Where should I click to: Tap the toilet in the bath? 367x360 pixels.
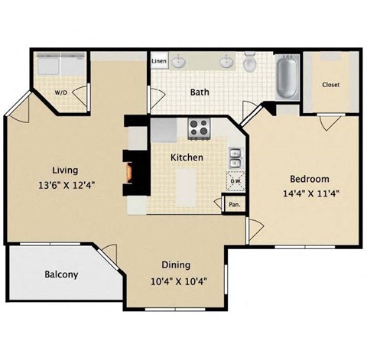[250, 63]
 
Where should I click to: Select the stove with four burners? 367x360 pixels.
[199, 128]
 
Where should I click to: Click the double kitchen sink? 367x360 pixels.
[235, 158]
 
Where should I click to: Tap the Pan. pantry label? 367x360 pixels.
[233, 205]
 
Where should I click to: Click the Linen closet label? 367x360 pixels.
[159, 60]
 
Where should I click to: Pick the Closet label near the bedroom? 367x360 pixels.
[330, 84]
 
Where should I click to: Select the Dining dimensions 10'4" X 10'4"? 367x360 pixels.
[180, 280]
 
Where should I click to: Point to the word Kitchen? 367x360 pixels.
[186, 157]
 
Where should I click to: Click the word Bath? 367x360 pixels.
[200, 92]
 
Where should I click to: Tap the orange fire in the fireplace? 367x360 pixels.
[131, 174]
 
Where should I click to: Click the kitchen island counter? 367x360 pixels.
[187, 187]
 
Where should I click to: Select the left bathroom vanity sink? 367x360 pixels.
[179, 62]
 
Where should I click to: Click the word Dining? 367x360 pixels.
[175, 264]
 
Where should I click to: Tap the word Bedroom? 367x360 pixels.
[304, 178]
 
